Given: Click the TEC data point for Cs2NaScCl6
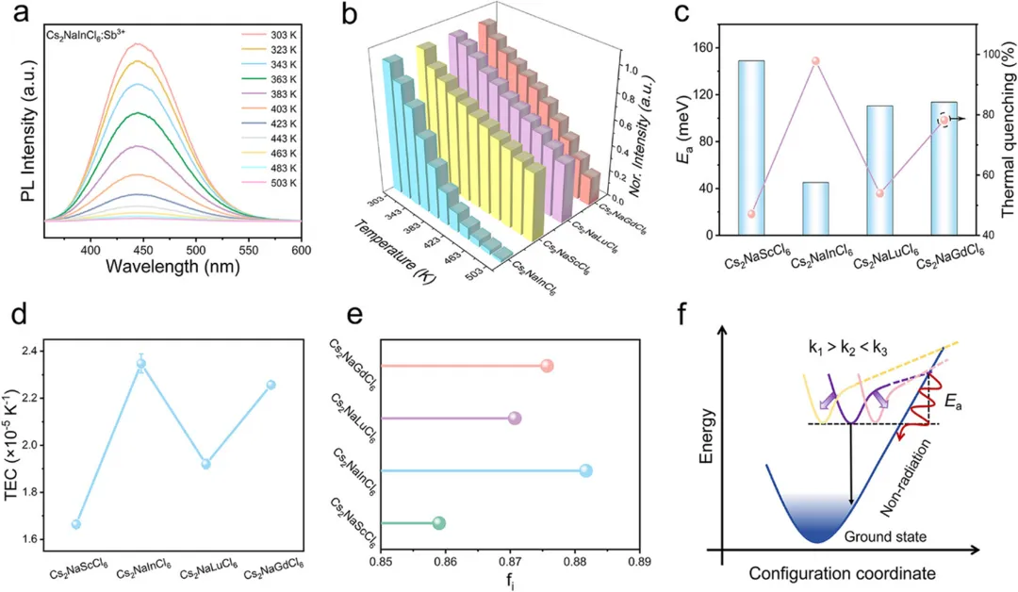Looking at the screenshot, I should pos(76,524).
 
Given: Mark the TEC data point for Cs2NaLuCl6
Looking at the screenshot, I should pos(205,464).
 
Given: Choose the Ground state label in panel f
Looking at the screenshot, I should pos(885,536).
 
